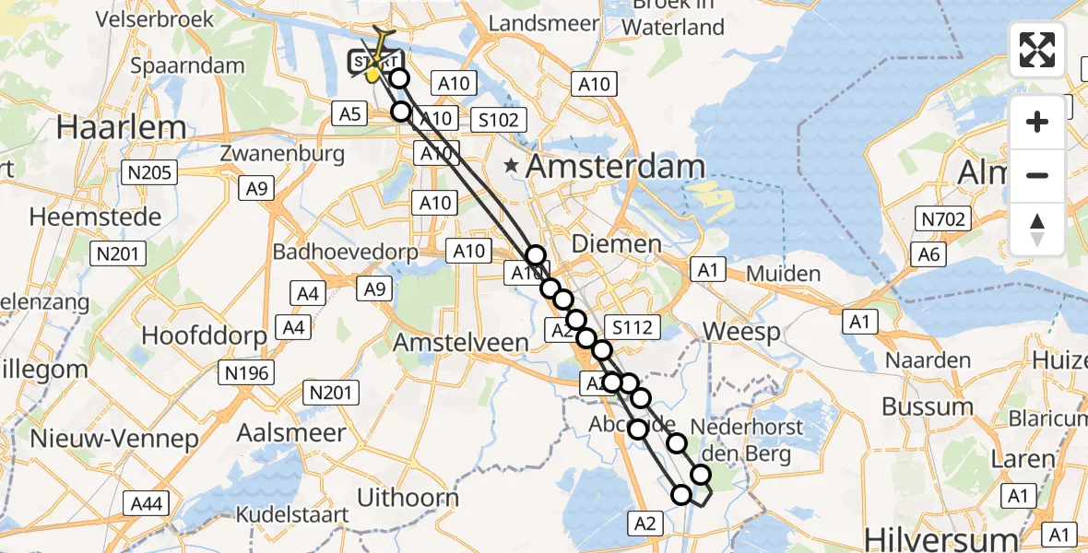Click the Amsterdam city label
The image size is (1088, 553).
[x=616, y=167]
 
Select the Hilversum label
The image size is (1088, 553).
[x=930, y=537]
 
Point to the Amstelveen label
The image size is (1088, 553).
[x=461, y=343]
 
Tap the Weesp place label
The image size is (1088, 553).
[x=741, y=331]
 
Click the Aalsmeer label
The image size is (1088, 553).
[x=290, y=432]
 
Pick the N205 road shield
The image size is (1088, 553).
[x=152, y=172]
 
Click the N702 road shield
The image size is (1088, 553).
[x=941, y=218]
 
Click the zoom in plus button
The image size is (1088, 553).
[x=1037, y=122]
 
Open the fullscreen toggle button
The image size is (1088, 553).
[x=1037, y=50]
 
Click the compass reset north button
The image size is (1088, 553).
[x=1037, y=229]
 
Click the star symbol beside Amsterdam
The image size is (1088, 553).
[x=511, y=167]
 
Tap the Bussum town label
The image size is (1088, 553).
[x=928, y=406]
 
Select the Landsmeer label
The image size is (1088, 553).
[x=544, y=23]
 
